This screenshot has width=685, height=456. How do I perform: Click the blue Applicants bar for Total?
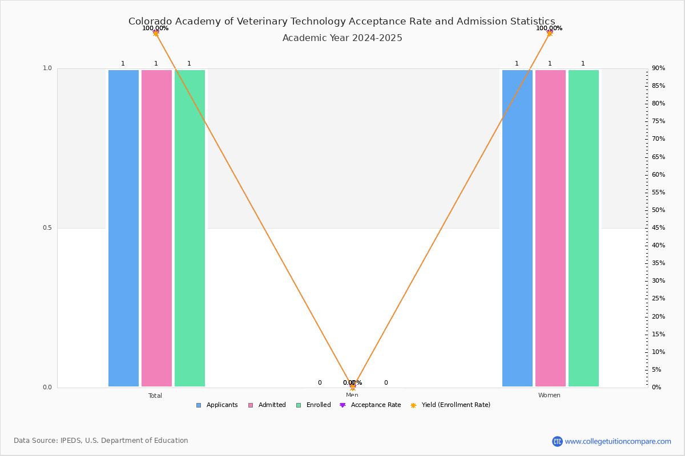point(123,228)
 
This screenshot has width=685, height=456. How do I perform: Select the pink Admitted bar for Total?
point(156,228)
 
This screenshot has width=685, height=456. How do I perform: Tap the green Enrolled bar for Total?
point(190,228)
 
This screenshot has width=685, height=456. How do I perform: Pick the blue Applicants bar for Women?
point(517,228)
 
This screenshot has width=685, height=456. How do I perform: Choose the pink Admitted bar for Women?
point(550,228)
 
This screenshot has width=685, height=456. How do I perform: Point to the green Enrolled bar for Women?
point(583,228)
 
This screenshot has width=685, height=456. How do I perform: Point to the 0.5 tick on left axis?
point(47,228)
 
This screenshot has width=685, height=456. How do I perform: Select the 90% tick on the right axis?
point(658,68)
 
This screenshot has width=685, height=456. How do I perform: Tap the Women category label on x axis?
point(549,396)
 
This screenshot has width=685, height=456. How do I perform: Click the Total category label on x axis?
point(155,396)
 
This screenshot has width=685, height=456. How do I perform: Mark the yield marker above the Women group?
point(550,33)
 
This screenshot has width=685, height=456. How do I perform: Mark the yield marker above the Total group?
point(156,33)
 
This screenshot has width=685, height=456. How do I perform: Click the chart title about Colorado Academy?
point(341,22)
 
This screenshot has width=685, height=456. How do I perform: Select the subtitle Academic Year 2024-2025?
point(342,38)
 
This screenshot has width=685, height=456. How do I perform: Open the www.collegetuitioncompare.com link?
point(618,441)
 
